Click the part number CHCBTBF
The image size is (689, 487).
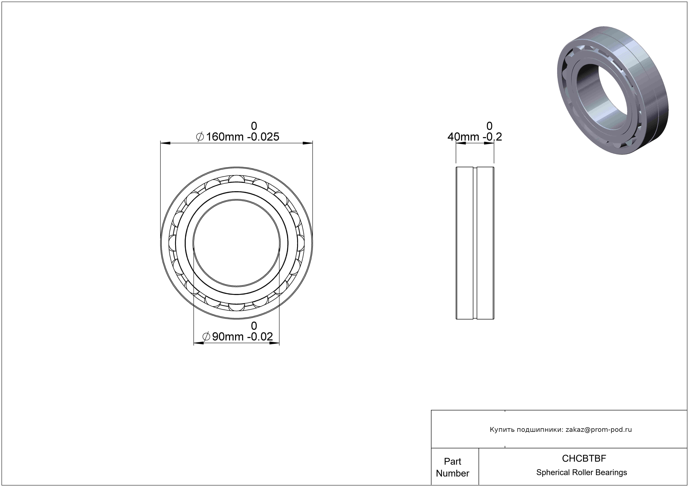pyautogui.click(x=584, y=458)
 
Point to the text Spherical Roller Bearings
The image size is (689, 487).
pyautogui.click(x=582, y=472)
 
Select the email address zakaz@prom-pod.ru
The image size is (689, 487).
pyautogui.click(x=599, y=430)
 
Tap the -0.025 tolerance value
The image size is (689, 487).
pyautogui.click(x=263, y=137)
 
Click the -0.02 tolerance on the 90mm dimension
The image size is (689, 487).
pyautogui.click(x=260, y=337)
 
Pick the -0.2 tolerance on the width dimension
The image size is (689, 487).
pyautogui.click(x=492, y=137)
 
